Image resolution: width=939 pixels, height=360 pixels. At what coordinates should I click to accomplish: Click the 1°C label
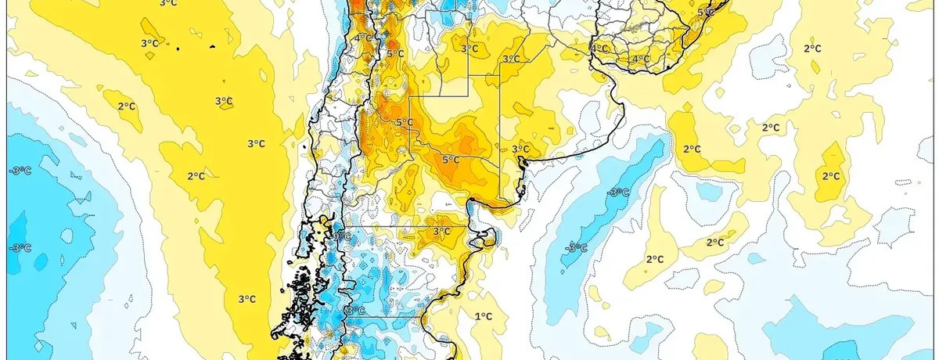484,316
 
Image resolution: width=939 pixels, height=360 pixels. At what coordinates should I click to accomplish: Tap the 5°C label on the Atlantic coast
706,12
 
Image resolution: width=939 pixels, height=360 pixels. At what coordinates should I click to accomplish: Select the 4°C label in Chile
363,38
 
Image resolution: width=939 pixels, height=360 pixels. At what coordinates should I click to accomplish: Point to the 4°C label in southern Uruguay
641,59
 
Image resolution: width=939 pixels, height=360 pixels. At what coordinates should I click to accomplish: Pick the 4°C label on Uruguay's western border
599,49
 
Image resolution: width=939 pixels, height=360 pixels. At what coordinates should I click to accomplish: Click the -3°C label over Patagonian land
354,311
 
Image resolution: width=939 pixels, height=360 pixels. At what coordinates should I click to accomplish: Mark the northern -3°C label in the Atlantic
619,193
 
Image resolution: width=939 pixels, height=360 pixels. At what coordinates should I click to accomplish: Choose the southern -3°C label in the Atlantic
577,248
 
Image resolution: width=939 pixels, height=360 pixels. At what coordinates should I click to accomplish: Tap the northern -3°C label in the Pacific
20,171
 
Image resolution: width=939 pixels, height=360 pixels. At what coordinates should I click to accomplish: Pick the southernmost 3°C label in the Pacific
246,298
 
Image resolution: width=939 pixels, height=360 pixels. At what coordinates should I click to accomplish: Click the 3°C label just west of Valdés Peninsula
441,231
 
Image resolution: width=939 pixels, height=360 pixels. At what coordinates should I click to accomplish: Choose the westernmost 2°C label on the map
127,106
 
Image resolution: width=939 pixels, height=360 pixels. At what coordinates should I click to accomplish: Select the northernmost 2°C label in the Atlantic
812,48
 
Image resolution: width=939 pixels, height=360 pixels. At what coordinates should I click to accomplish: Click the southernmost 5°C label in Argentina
450,159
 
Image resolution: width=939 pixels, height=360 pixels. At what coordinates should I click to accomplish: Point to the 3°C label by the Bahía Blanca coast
520,149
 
